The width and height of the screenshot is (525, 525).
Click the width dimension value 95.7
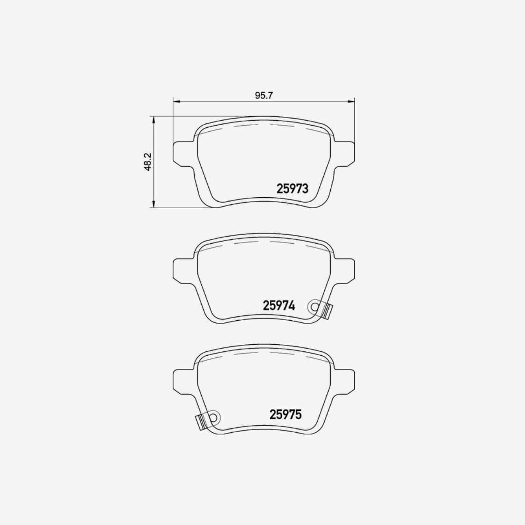(x=264, y=95)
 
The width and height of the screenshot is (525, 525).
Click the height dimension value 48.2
(x=148, y=162)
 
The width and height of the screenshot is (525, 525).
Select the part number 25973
(x=292, y=188)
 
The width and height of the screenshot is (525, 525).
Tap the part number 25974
(x=279, y=305)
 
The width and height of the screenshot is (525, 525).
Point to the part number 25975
(x=286, y=414)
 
